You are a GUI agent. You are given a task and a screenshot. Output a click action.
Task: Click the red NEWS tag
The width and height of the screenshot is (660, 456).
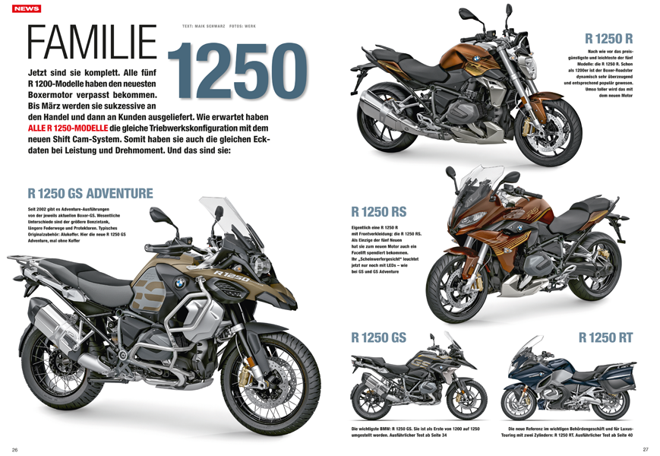coord(27,8)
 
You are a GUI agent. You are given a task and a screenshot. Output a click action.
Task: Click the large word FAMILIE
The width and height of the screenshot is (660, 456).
coord(91,44)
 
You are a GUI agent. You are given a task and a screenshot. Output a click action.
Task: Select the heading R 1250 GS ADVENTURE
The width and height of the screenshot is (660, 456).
coord(90,193)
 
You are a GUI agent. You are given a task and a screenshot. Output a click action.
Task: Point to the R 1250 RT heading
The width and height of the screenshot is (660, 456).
coord(605,337)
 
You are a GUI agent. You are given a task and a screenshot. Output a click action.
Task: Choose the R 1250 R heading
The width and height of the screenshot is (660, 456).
coord(608,38)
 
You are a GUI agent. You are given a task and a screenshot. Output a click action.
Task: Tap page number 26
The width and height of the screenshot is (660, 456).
coord(14,448)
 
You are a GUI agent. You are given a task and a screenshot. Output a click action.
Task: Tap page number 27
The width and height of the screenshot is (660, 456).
coord(645,448)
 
